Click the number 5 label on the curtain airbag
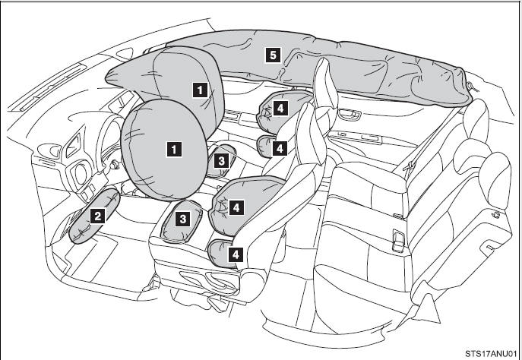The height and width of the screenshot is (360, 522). [270, 54]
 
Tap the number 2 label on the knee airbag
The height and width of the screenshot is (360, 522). [97, 215]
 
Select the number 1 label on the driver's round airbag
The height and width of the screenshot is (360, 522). [176, 150]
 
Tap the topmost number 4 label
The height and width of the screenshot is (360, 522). [280, 109]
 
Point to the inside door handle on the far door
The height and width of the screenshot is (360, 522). [351, 115]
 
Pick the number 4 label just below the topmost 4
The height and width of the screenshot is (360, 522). [280, 147]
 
